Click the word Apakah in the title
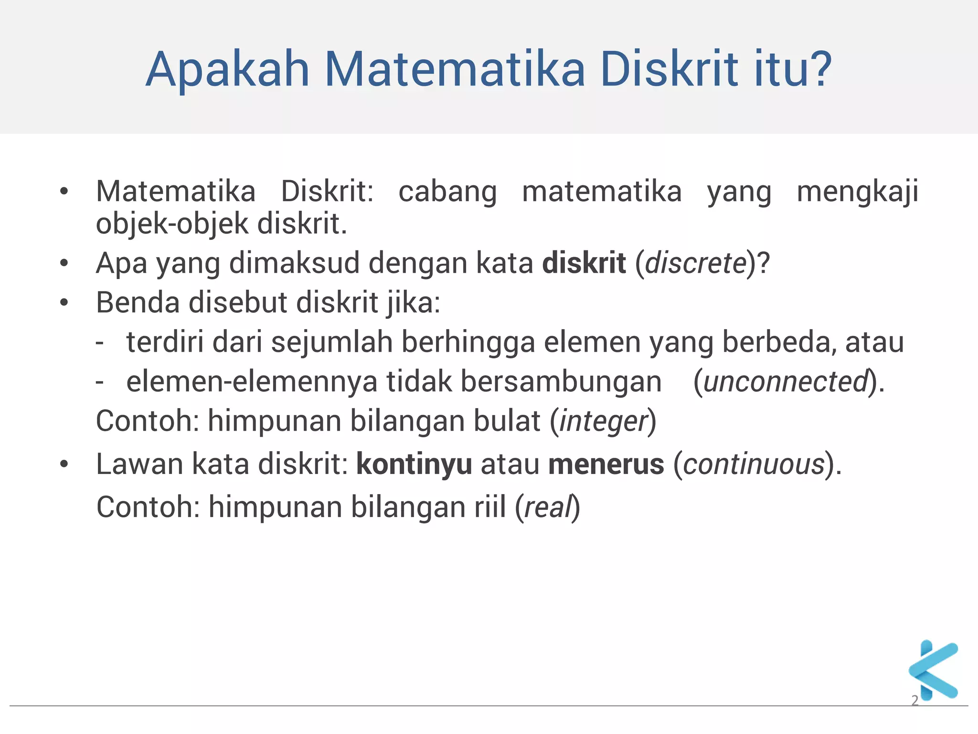(x=228, y=70)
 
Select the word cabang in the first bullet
(x=447, y=192)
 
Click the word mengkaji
(x=857, y=192)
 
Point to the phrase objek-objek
(x=172, y=225)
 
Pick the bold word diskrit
(x=584, y=263)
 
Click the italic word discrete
(x=695, y=263)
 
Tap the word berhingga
(x=468, y=343)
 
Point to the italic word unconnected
(x=785, y=382)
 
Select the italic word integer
(x=603, y=421)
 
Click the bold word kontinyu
(x=414, y=464)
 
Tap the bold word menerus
(x=606, y=464)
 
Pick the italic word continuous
(x=754, y=464)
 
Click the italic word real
(x=548, y=507)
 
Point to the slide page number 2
(x=915, y=700)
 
